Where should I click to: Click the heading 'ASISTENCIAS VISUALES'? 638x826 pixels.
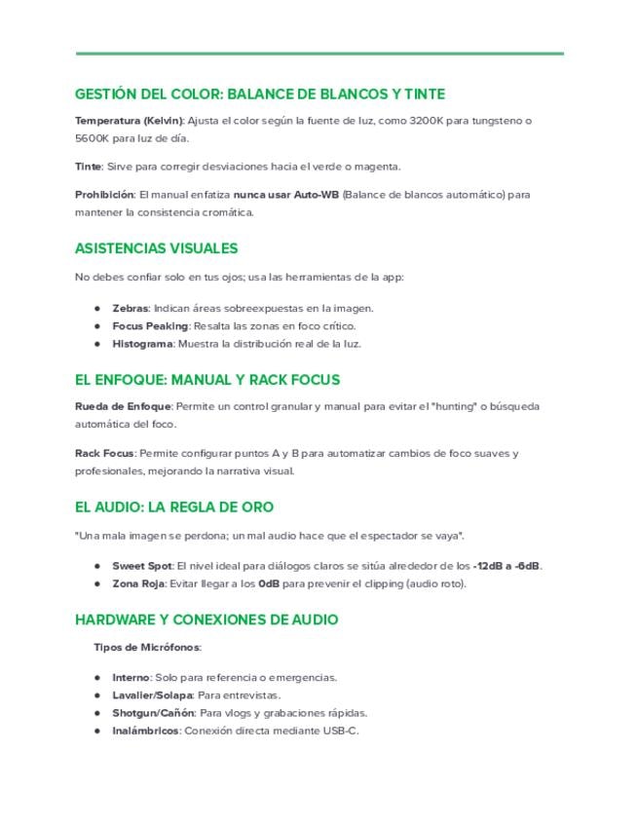pos(156,248)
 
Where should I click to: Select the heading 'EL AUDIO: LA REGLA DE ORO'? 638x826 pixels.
pos(174,507)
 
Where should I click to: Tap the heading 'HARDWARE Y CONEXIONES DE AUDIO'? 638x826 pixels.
pos(206,619)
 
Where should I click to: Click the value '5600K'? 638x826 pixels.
pos(91,138)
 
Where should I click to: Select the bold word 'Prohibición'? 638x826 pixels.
pos(104,194)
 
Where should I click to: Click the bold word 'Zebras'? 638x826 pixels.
pos(131,308)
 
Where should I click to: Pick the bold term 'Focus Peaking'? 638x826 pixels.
pos(149,325)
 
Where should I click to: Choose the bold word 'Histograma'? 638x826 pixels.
pos(142,343)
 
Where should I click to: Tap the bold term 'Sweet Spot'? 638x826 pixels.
pos(142,566)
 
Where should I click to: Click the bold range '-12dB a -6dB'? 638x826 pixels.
pos(507,566)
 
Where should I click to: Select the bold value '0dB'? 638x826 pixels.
pos(269,583)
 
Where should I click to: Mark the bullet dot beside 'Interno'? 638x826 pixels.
pos(97,677)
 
